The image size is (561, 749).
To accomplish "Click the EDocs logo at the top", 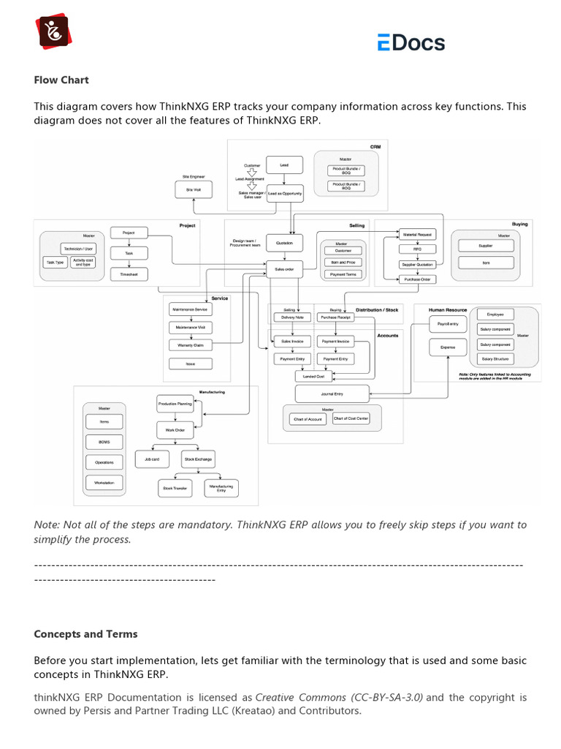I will tap(411, 42).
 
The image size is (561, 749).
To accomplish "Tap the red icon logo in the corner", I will tap(53, 31).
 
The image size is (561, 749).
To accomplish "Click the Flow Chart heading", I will tap(61, 80).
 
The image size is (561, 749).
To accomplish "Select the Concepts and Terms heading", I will tap(85, 634).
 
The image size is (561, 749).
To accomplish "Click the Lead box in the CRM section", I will tap(284, 165).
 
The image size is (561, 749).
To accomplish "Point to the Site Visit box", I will tap(194, 189).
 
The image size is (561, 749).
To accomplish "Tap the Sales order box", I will tap(284, 269).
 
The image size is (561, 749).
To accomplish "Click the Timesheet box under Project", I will tap(129, 274).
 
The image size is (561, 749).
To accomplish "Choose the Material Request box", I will tap(416, 234).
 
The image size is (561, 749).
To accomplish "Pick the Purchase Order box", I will tap(416, 279).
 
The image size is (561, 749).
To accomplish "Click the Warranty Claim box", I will tap(190, 345).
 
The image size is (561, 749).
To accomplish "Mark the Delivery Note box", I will tap(292, 317).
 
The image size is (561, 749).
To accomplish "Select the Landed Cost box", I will tap(314, 376).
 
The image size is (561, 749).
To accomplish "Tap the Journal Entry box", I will tap(332, 394).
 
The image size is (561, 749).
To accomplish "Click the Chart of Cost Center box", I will tap(351, 418).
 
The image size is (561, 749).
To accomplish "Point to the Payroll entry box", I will tap(448, 323).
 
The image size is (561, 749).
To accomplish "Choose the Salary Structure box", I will tap(495, 359).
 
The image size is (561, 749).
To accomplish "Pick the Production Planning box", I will tap(175, 403).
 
